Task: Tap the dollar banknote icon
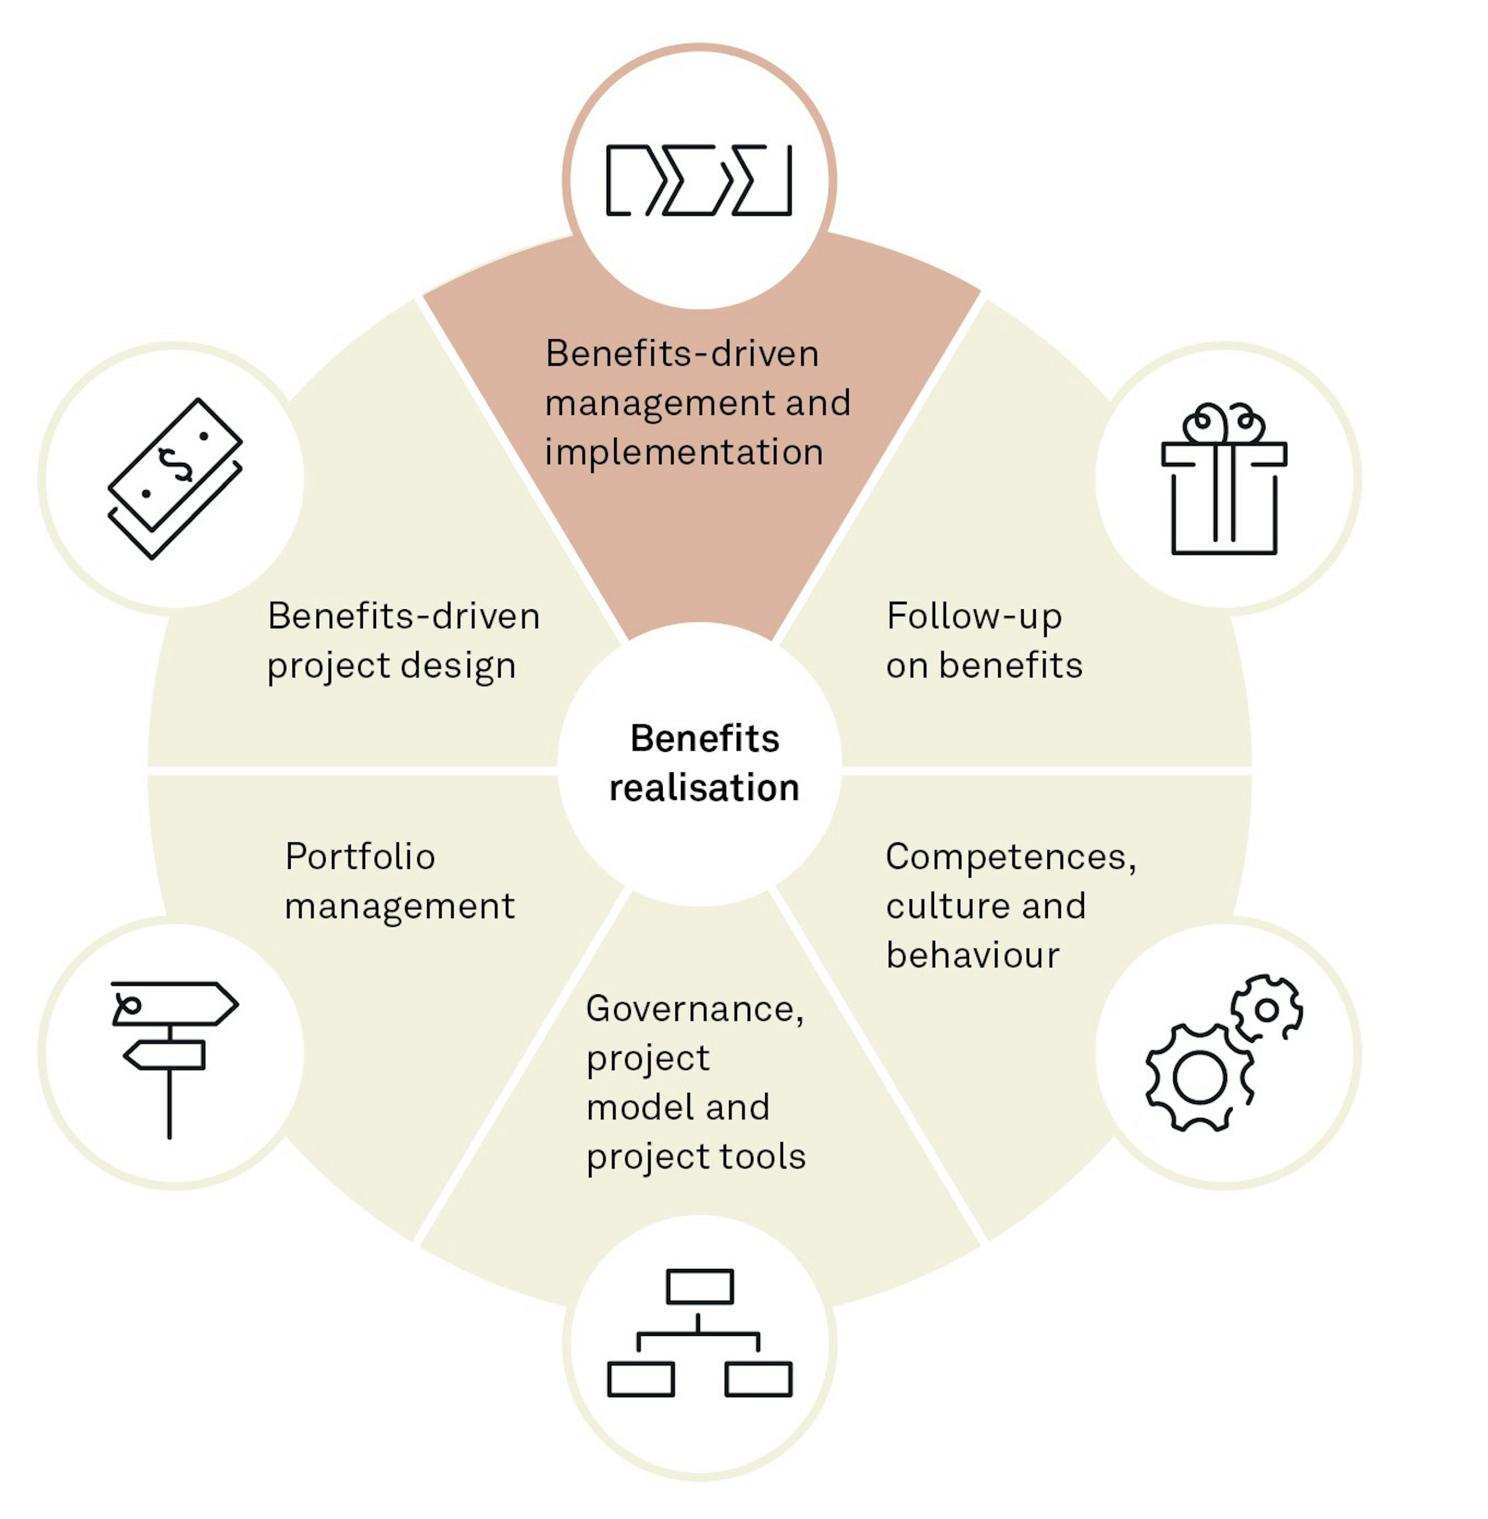coord(175,478)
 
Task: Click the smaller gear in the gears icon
coord(1266,1010)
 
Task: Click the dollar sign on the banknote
coord(175,466)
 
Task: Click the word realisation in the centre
coord(704,788)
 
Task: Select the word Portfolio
coord(361,856)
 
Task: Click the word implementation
coord(684,453)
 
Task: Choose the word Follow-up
coord(973,617)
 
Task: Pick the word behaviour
coord(973,955)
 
